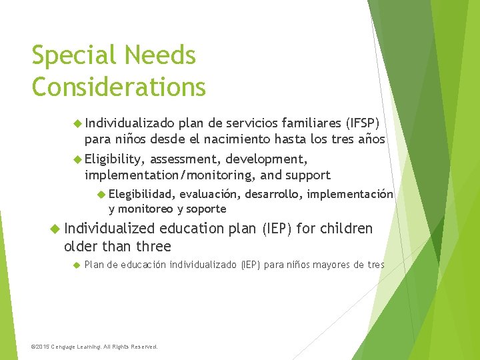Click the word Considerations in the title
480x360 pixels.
click(x=119, y=86)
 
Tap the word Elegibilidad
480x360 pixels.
click(x=142, y=194)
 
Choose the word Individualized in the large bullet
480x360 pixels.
click(x=110, y=229)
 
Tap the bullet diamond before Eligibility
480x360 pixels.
click(x=77, y=159)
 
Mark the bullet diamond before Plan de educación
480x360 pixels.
click(x=77, y=265)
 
